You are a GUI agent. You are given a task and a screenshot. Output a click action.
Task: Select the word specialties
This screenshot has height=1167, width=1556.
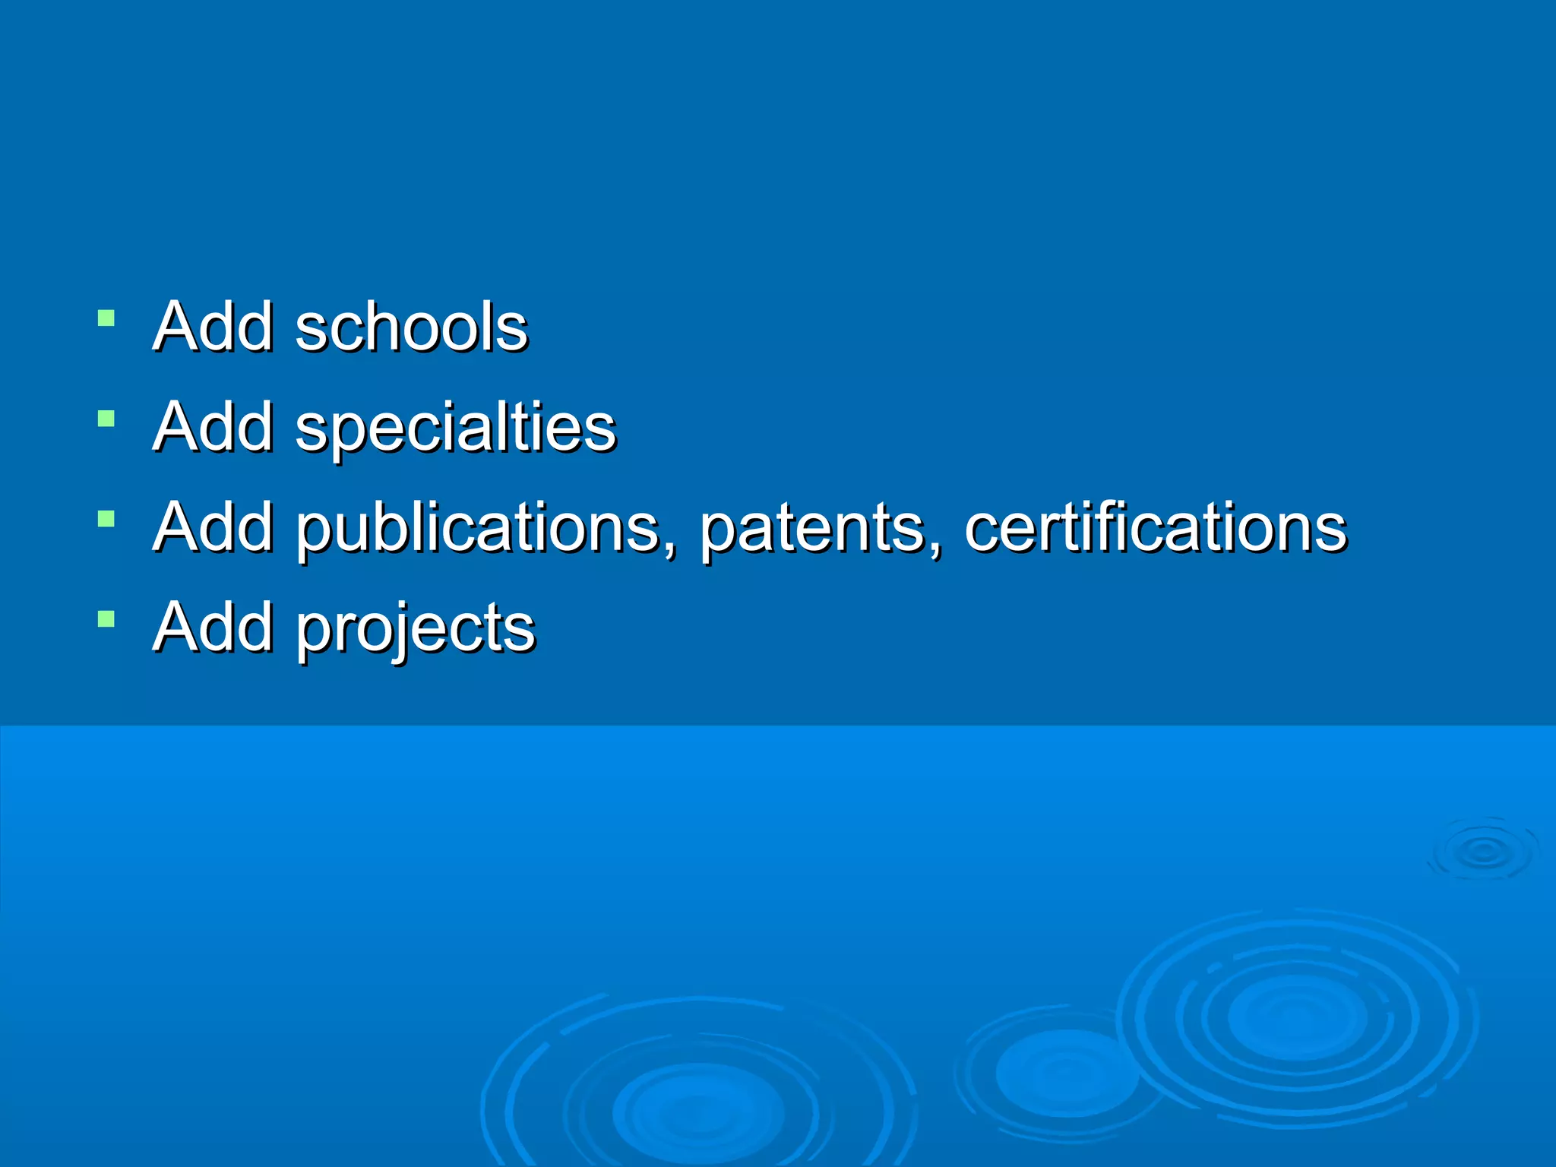[x=456, y=428]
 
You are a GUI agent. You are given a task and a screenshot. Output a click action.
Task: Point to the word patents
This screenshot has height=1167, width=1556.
[x=811, y=528]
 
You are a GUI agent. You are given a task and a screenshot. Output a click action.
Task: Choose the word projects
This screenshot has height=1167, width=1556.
[x=416, y=628]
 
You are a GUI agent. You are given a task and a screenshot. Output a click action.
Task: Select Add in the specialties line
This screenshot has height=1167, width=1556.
[x=213, y=427]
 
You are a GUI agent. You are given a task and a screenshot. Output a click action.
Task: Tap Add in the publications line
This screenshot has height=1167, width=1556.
[x=213, y=527]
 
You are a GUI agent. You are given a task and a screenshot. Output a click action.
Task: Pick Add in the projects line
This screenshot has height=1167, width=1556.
[x=213, y=628]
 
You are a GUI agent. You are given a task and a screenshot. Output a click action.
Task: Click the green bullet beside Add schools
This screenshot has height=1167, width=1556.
[x=106, y=318]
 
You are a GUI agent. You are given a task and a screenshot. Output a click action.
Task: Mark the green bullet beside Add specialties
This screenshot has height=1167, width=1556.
[x=106, y=419]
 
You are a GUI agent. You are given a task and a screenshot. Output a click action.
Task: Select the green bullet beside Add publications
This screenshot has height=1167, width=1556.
[x=106, y=519]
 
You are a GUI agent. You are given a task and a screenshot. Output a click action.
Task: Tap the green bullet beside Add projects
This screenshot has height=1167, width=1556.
[x=106, y=619]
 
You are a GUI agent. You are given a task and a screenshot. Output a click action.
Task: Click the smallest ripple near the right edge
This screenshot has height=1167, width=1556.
[x=1483, y=852]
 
